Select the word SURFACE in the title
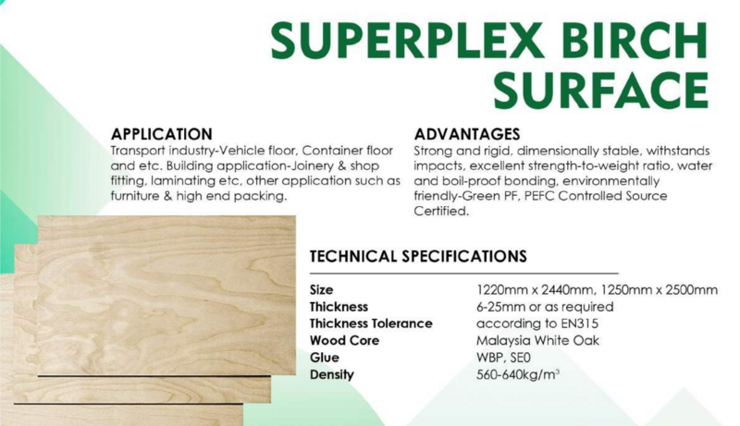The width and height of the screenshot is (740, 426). pos(600,90)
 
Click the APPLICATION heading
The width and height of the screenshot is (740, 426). pos(161,134)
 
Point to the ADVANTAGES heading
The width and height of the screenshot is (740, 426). pos(467,134)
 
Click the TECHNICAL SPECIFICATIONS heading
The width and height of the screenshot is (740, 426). pos(418,256)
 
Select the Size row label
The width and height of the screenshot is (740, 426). pos(321,290)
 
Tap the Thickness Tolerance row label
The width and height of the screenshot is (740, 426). pos(371,323)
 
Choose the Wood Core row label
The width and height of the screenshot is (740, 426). pos(344,341)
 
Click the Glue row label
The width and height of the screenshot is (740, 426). pos(325,358)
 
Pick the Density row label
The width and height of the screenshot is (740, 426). pos(332,374)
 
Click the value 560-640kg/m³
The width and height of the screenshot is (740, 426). pos(518,374)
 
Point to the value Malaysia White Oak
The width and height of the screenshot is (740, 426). pos(537,341)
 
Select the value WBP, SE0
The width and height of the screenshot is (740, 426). pos(503,358)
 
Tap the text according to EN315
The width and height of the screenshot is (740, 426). pos(537,323)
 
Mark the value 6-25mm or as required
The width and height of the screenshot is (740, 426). pos(545,307)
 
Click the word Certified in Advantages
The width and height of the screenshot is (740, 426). pos(441,211)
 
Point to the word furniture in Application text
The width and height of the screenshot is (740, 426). pos(134,196)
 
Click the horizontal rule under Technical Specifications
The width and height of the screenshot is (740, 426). pos(464,274)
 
